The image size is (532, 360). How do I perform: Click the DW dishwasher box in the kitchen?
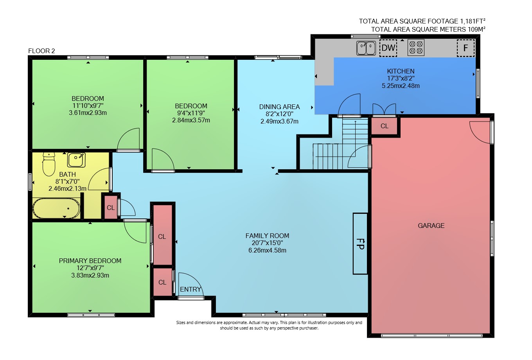pyautogui.click(x=388, y=48)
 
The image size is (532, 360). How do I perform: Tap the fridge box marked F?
pyautogui.click(x=466, y=48)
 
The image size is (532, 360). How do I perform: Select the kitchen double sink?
pyautogui.click(x=366, y=48)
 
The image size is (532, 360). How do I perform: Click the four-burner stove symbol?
pyautogui.click(x=416, y=47)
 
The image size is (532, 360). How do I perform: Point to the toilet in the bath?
pyautogui.click(x=49, y=164)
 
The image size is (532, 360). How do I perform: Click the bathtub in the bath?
pyautogui.click(x=56, y=208)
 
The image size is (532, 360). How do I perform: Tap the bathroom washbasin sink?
pyautogui.click(x=76, y=160)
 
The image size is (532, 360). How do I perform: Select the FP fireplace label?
pyautogui.click(x=360, y=244)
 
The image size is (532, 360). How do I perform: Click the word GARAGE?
pyautogui.click(x=431, y=226)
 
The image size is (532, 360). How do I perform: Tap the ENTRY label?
pyautogui.click(x=191, y=289)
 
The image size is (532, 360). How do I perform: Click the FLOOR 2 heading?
pyautogui.click(x=41, y=51)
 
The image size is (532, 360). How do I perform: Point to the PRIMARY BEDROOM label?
pyautogui.click(x=90, y=261)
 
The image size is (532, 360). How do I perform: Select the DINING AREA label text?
pyautogui.click(x=279, y=107)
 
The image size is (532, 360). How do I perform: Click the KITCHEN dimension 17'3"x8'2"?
pyautogui.click(x=401, y=78)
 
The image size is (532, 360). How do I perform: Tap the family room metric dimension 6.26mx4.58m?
pyautogui.click(x=267, y=251)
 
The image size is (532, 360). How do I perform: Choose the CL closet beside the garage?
pyautogui.click(x=385, y=126)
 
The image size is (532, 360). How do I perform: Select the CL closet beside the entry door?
pyautogui.click(x=162, y=282)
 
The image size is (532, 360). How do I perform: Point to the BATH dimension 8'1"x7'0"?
pyautogui.click(x=67, y=181)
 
